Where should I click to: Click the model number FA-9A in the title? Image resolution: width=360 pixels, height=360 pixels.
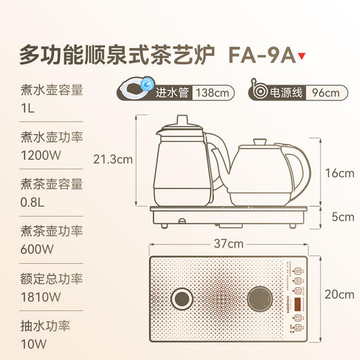tap(257, 53)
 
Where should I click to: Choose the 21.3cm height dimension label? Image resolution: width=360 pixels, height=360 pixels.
tap(113, 159)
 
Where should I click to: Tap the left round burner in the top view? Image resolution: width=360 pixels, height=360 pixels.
tap(182, 299)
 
